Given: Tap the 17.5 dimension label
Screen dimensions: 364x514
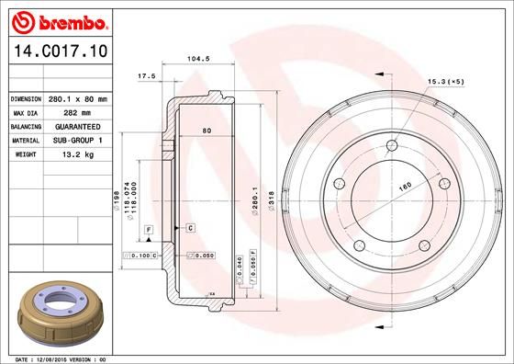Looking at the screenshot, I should tap(144, 75).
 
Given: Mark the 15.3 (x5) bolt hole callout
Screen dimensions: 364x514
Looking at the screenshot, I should tap(445, 84).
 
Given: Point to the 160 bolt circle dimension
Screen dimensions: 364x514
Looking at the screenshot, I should tap(401, 188).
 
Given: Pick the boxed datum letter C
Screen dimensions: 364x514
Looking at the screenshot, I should tap(190, 226).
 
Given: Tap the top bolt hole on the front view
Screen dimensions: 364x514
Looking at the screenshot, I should tap(395, 144).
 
